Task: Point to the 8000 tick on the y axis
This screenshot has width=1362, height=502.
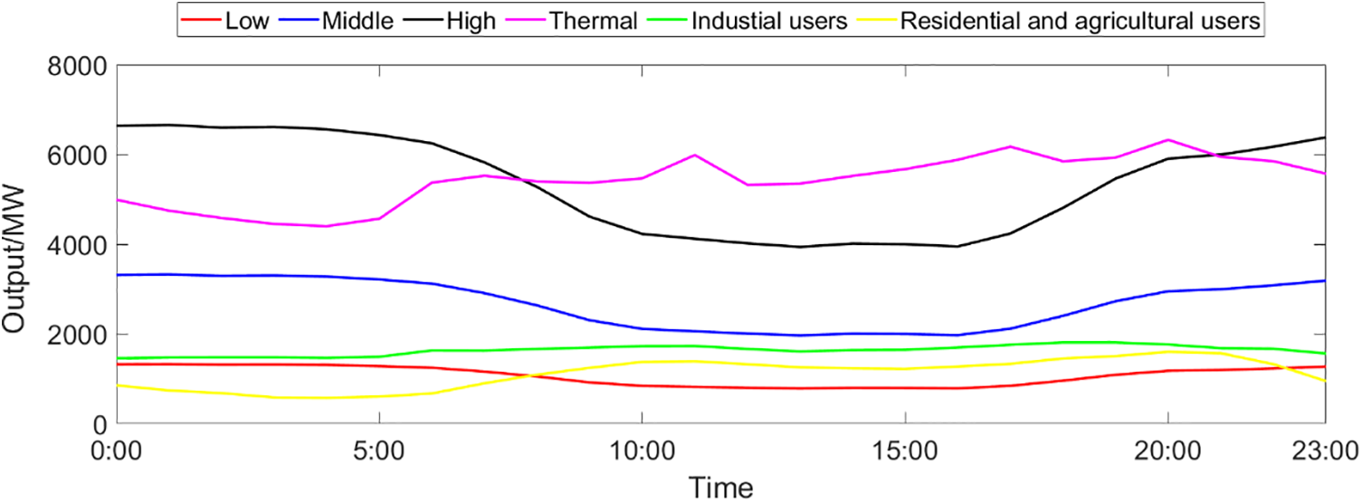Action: pos(80,67)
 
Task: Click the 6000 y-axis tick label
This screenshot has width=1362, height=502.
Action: pos(80,156)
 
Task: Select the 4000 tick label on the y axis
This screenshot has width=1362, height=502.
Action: pos(80,246)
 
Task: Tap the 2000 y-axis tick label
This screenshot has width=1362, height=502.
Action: pos(80,336)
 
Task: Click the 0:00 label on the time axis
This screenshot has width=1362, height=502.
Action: pos(119,450)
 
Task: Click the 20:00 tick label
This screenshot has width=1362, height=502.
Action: pos(1167,450)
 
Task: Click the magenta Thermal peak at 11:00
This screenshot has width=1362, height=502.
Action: pos(694,156)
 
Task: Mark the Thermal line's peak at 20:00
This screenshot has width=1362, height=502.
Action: pos(1167,140)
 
